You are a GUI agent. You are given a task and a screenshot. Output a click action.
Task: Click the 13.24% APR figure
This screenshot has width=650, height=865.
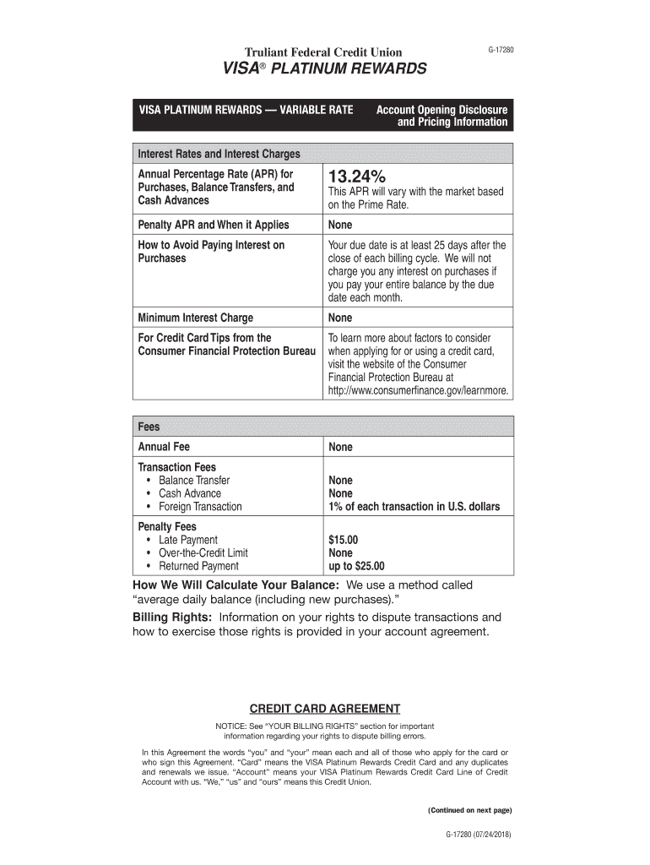click(357, 177)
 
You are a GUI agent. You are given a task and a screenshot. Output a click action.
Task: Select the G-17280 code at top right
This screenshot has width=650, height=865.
click(500, 51)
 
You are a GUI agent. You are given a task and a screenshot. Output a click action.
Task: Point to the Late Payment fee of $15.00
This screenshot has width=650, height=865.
click(344, 540)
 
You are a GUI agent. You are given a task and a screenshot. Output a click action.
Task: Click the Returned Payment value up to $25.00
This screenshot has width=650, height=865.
click(356, 566)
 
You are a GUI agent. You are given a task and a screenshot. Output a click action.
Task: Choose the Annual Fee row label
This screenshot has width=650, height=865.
click(164, 447)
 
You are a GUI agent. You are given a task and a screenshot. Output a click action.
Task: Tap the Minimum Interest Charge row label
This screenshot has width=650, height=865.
click(195, 318)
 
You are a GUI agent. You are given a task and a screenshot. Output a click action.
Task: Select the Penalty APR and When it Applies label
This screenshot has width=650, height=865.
click(213, 225)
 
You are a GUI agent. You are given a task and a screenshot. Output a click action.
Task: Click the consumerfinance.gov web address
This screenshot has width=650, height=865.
click(419, 391)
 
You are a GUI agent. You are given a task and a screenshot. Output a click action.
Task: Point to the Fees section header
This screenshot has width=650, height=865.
click(149, 427)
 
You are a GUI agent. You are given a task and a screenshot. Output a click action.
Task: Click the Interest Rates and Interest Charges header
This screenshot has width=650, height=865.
click(219, 155)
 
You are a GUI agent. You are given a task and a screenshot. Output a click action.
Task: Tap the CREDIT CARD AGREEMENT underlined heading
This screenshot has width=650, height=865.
click(325, 708)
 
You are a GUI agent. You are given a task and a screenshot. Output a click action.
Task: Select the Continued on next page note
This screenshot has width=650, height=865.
click(469, 810)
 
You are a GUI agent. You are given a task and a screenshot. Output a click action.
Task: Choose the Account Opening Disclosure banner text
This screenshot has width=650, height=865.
click(441, 111)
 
